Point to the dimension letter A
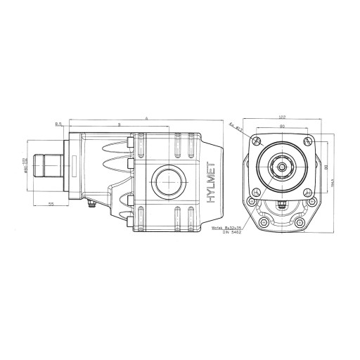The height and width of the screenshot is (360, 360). point(146,117)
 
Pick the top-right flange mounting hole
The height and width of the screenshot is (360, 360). point(307,141)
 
